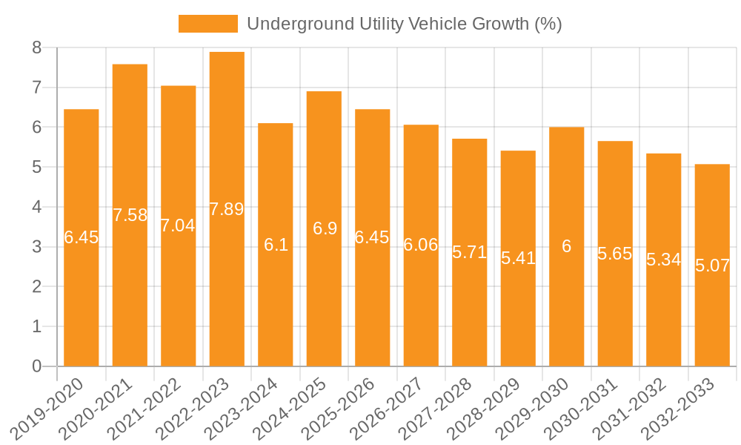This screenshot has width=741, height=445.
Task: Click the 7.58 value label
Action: coord(130,215)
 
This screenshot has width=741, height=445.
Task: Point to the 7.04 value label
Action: coord(179,225)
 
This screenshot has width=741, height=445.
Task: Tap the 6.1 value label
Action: coord(276,245)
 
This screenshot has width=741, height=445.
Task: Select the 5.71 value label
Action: coord(470,252)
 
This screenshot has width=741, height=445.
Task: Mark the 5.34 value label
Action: coord(664,260)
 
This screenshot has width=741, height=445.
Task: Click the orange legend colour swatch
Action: coord(208,24)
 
